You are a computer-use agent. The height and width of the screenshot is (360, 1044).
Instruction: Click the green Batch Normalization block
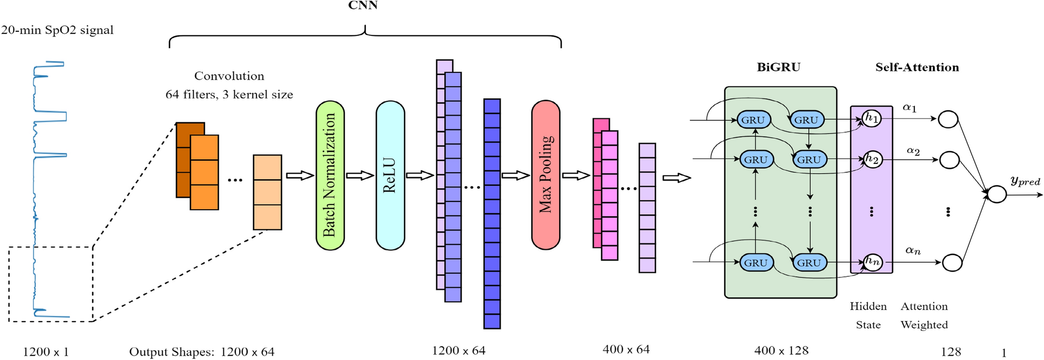tap(330, 175)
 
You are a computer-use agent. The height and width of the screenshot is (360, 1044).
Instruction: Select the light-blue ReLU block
tap(390, 175)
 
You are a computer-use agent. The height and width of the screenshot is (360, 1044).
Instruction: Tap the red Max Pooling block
tap(545, 175)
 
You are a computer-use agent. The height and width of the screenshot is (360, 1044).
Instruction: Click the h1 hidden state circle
tap(872, 119)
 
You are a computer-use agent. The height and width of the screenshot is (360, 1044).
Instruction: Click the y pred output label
tap(1025, 181)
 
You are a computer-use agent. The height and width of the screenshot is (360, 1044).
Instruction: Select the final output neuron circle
tap(997, 195)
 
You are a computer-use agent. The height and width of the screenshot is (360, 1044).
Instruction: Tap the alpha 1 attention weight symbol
tap(909, 108)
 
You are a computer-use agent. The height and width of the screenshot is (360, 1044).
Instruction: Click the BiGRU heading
tap(778, 67)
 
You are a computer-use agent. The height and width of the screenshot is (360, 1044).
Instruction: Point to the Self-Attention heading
tap(916, 67)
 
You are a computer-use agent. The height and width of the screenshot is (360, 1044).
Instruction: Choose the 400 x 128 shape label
tap(781, 351)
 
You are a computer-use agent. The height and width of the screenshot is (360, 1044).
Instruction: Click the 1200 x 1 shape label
tap(46, 352)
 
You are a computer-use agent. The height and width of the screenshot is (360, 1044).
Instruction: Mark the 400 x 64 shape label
tap(626, 350)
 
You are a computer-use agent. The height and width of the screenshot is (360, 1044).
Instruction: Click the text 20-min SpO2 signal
tap(57, 30)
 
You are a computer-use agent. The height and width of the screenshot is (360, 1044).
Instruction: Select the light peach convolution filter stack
tap(267, 192)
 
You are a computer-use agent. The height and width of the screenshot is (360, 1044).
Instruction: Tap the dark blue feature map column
tap(492, 213)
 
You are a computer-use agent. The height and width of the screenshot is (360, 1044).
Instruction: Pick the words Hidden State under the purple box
tap(868, 315)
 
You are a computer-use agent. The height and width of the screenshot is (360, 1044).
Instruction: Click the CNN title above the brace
tap(363, 5)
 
